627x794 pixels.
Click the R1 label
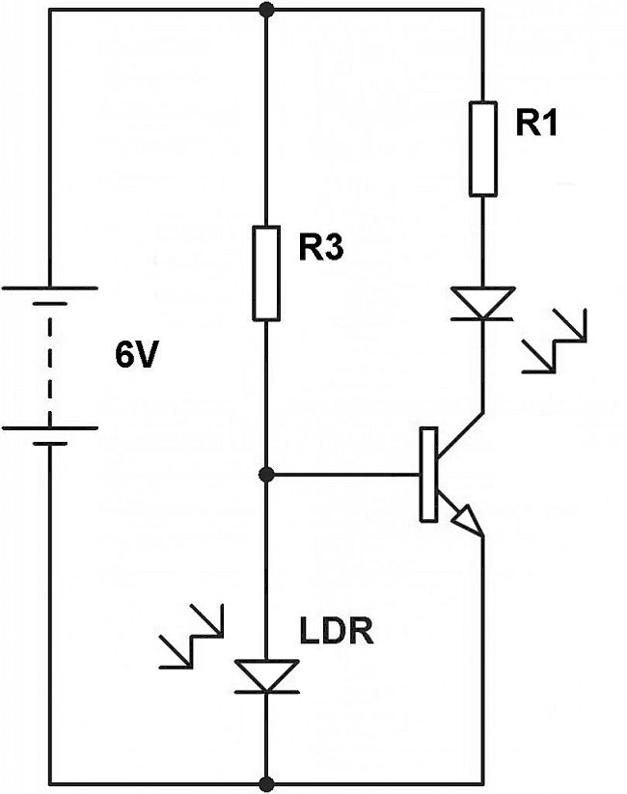pyautogui.click(x=537, y=126)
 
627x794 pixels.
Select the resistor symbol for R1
pyautogui.click(x=483, y=151)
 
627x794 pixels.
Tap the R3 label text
pyautogui.click(x=320, y=249)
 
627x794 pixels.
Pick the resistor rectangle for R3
pyautogui.click(x=266, y=273)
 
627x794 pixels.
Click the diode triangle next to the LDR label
pyautogui.click(x=266, y=675)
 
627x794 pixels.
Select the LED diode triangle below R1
pyautogui.click(x=483, y=303)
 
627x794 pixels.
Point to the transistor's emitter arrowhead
pyautogui.click(x=467, y=522)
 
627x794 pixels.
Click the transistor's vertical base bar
pyautogui.click(x=427, y=475)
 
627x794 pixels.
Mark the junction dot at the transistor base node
pyautogui.click(x=266, y=475)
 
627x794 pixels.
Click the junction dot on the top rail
pyautogui.click(x=266, y=11)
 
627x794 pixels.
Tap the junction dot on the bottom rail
pyautogui.click(x=266, y=782)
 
